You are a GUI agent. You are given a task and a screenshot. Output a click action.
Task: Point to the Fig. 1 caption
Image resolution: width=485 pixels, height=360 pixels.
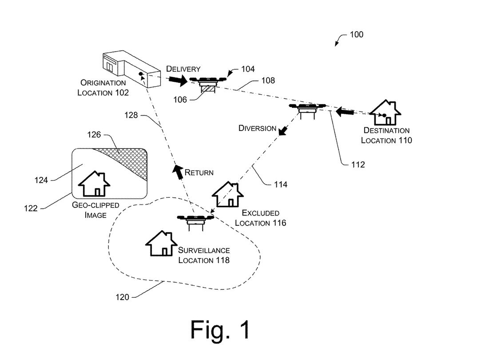220,329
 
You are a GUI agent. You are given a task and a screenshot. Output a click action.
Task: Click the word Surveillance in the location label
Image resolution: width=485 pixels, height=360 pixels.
204,250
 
